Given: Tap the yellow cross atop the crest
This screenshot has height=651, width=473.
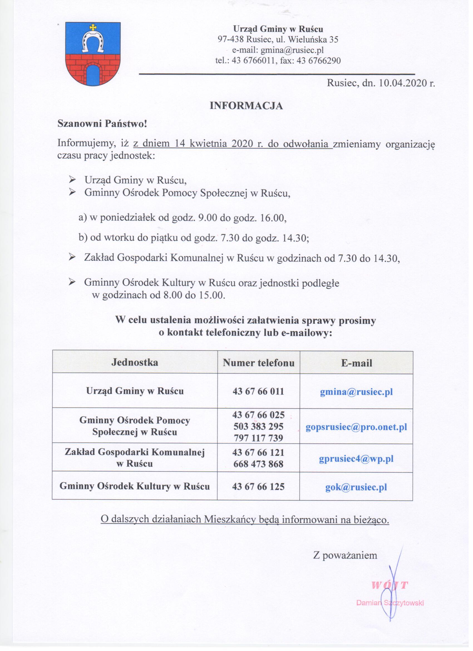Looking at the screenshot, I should coord(93,27).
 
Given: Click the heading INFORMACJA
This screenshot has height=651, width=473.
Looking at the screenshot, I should coord(246,106).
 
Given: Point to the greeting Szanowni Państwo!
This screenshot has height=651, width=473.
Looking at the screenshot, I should coord(102,124).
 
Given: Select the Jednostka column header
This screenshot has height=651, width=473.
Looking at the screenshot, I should coord(135,362).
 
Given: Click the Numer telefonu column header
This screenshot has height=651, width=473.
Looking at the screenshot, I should coord(258,363).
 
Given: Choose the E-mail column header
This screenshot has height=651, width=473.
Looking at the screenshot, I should coord(356,363).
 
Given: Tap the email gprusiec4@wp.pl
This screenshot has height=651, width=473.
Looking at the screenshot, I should coord(356,459).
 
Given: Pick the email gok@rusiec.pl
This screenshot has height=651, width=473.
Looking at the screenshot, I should coord(356,487).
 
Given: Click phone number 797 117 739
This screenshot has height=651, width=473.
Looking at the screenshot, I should coord(258,438).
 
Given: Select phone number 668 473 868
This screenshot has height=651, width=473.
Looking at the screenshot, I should coord(258,464).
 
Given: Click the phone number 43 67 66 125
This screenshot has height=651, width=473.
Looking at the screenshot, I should coord(258,486).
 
